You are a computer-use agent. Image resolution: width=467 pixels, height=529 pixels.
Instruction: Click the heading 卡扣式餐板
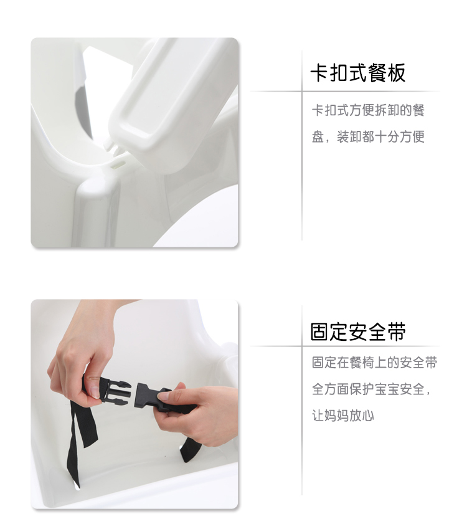[358, 73]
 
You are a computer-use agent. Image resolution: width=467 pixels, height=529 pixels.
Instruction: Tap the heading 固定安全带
[358, 331]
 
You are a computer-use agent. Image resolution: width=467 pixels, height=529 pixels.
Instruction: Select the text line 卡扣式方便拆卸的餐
[368, 110]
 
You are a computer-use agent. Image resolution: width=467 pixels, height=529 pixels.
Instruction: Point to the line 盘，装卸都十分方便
[368, 137]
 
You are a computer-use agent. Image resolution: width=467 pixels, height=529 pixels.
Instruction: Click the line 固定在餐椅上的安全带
[374, 363]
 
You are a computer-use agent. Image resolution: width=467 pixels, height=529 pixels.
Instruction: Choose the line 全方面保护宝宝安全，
[371, 389]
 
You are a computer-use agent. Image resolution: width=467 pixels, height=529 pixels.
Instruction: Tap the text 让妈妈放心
[343, 416]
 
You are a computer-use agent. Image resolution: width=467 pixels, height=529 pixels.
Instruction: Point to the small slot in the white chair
[119, 164]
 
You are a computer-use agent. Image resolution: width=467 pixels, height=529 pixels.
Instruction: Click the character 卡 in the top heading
[319, 73]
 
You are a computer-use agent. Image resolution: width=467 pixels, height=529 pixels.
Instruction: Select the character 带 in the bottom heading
[397, 331]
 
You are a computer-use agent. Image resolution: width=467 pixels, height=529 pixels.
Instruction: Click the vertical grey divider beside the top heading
[302, 145]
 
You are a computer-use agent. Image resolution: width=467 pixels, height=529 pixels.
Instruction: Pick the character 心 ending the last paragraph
[368, 416]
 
